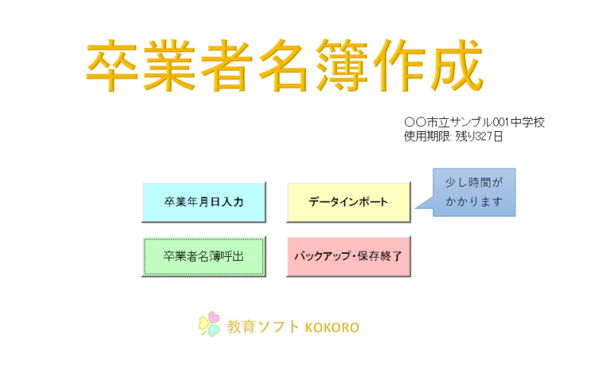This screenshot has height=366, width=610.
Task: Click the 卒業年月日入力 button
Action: click(x=204, y=202)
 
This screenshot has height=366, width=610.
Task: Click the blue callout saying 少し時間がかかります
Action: click(x=474, y=192)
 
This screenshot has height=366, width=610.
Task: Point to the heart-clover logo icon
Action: click(x=209, y=324)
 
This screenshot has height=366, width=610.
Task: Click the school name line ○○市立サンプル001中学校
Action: click(x=474, y=122)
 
